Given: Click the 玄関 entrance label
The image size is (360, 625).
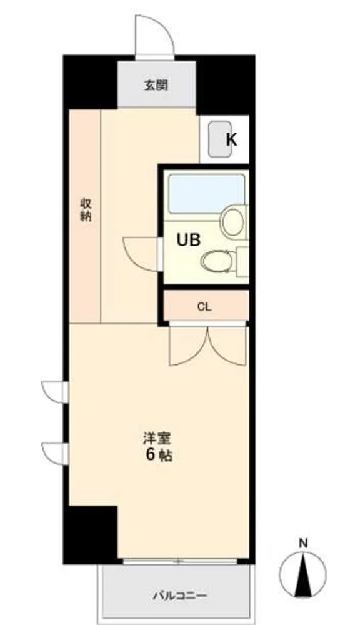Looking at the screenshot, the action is coord(156,85).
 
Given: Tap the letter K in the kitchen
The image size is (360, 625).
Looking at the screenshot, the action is coord(232,139).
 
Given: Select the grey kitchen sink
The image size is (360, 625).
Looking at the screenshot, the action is coord(221,139).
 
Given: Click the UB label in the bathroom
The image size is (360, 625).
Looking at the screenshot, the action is coord(189,240).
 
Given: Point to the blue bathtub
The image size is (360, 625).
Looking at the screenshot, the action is coord(206,193).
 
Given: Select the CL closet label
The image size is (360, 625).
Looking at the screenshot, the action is coord(205,307).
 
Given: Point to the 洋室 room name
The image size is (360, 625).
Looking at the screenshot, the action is coord(157,439).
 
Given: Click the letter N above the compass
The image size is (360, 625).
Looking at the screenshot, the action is coord(304,543).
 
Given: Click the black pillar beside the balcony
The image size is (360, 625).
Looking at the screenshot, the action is coord(91,534).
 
